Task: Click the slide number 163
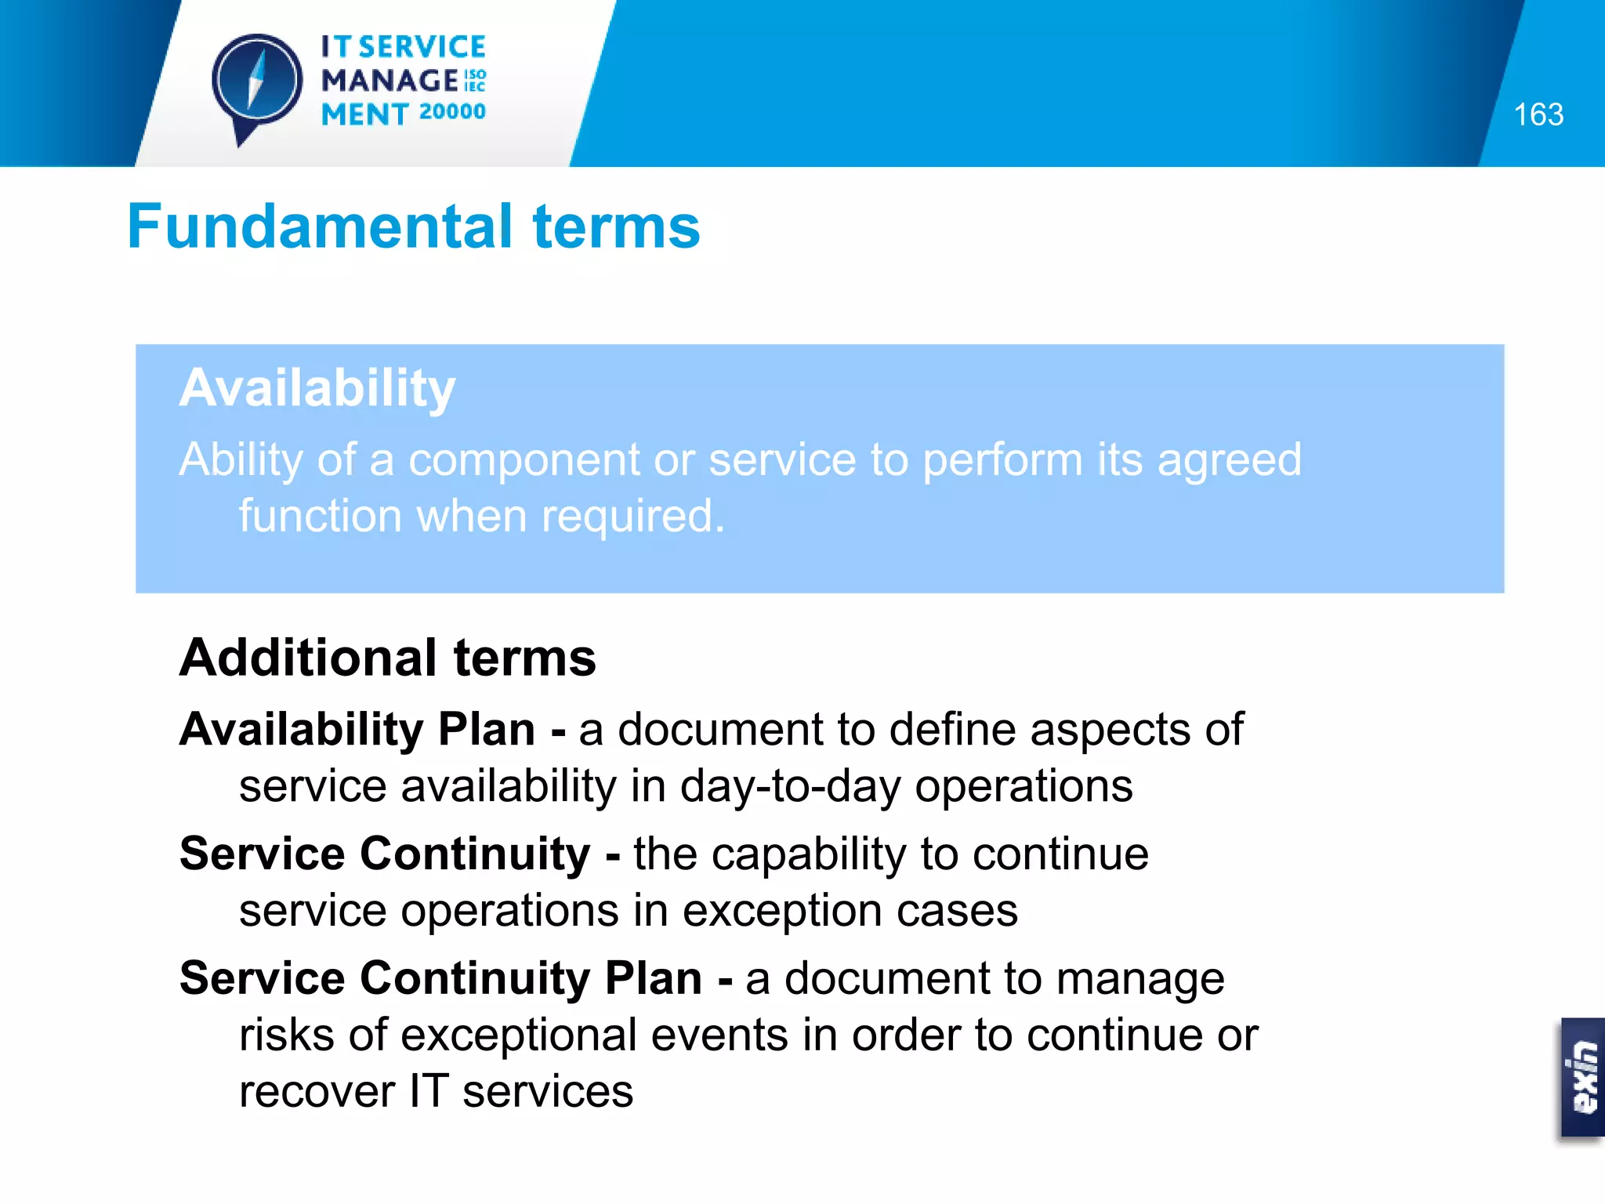coord(1538,115)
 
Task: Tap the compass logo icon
coord(256,83)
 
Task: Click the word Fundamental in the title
coord(320,227)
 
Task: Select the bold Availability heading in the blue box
coord(317,388)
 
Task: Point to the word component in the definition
coord(524,460)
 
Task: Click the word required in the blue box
coord(632,517)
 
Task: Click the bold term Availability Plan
coord(357,730)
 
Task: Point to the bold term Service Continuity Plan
coord(440,978)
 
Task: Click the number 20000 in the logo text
coord(452,112)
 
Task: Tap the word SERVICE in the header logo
coord(422,47)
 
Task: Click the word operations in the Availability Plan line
coord(1024,786)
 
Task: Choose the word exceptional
coord(518,1035)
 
